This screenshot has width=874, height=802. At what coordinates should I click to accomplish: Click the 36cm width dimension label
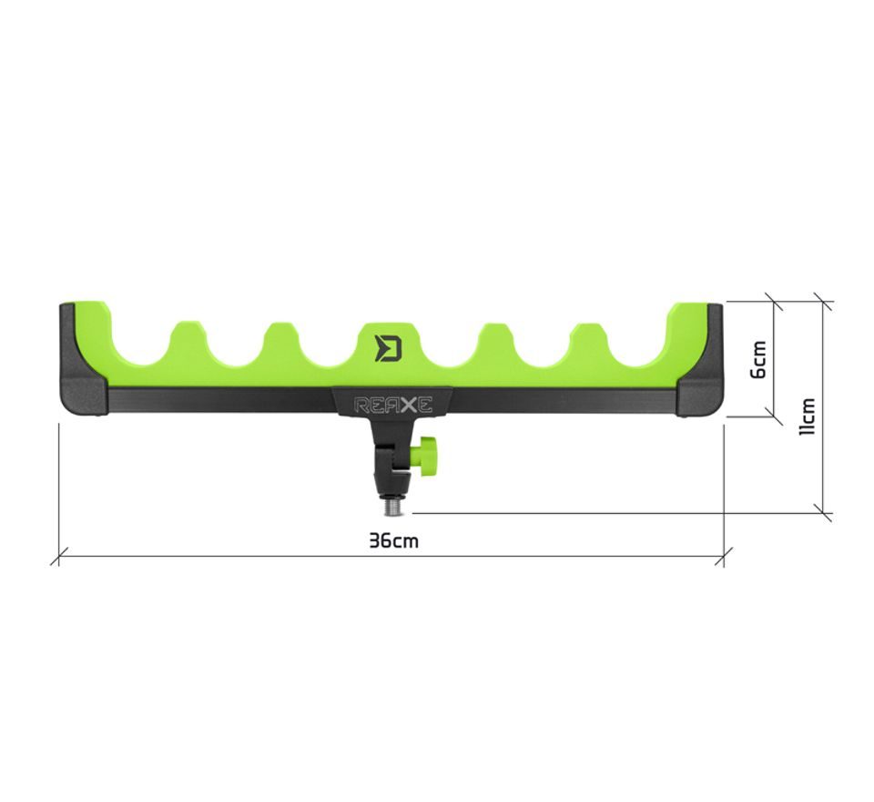393,540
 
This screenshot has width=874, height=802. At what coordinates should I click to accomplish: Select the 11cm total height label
807,416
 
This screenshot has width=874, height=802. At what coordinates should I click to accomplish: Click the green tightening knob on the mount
426,454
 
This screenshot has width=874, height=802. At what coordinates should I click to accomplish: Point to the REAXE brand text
393,404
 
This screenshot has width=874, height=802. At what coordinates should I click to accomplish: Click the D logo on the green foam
388,348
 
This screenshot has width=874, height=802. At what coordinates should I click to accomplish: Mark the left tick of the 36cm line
59,556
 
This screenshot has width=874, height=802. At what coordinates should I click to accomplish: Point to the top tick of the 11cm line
823,301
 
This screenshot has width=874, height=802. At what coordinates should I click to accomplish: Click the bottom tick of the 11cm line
823,513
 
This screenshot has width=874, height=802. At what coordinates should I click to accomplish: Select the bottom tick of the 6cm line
774,416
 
